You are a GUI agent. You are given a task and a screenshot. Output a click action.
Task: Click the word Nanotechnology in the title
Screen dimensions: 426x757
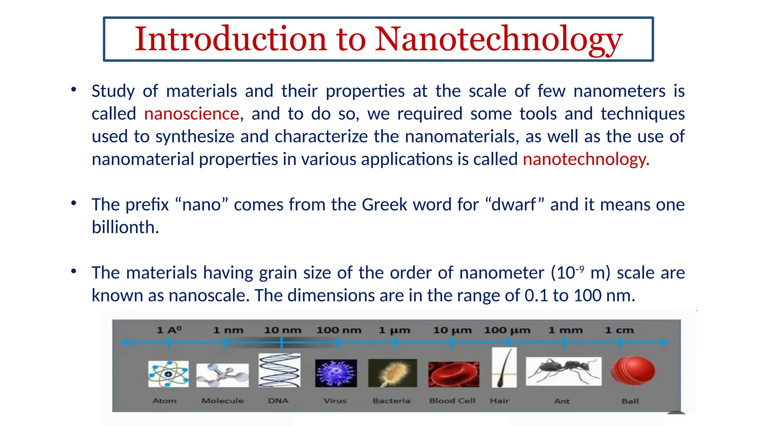coord(499,39)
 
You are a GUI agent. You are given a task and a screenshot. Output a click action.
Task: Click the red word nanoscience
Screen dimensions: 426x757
coord(191,114)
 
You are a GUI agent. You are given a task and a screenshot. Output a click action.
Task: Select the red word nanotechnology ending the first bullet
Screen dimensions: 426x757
coord(585,159)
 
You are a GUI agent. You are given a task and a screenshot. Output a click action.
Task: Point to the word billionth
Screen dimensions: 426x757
coord(125,227)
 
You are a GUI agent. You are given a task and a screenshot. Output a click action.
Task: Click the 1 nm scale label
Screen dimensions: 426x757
coord(228,330)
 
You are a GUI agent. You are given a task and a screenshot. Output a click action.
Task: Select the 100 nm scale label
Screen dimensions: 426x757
coord(339,330)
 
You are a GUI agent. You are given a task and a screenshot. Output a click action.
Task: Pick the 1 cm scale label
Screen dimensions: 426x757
coord(619,330)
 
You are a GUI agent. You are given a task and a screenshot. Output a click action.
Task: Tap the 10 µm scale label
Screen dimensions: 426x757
coord(452,330)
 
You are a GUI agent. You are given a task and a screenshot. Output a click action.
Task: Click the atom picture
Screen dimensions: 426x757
coord(168,374)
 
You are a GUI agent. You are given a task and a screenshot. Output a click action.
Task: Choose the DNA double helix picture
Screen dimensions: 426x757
coord(279,370)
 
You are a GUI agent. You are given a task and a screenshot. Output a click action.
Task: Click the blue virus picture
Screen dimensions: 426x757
coord(336,373)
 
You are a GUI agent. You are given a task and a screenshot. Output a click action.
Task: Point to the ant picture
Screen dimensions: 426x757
coord(563,371)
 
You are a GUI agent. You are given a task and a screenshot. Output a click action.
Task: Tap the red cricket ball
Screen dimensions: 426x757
coord(633,371)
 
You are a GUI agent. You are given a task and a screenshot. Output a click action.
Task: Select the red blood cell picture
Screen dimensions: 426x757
coord(454,374)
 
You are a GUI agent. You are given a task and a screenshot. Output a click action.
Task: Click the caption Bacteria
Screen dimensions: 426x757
coord(391,401)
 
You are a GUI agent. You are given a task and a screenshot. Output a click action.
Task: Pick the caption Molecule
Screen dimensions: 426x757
coord(223,401)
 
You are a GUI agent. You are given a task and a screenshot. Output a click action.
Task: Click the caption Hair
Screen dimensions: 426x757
coord(499,401)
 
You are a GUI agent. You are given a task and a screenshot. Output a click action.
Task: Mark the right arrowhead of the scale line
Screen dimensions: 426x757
coord(665,342)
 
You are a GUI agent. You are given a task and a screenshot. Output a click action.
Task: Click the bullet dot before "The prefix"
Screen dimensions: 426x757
coord(74,203)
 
